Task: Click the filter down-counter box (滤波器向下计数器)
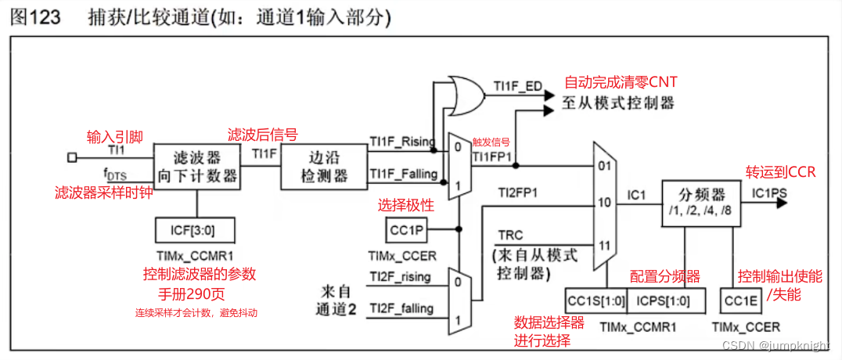pos(196,166)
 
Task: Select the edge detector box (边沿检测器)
pos(324,166)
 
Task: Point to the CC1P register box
pos(407,230)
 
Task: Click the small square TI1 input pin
pos(72,157)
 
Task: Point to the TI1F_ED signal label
pos(517,85)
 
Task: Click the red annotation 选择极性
pos(405,206)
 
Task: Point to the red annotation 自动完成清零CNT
pos(621,82)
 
